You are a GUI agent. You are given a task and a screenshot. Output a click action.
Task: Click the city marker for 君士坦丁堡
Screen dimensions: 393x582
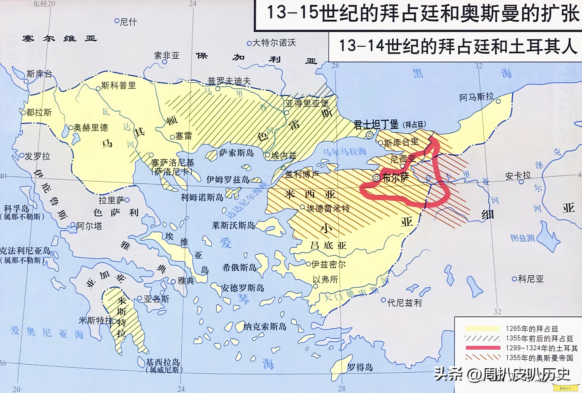[x=370, y=135]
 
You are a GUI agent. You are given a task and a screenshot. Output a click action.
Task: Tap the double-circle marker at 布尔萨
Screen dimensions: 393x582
[x=376, y=178]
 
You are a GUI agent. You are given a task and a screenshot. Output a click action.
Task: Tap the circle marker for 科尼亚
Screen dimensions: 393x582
[x=514, y=279]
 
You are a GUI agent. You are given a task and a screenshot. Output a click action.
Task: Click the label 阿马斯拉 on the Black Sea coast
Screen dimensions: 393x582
[x=476, y=97]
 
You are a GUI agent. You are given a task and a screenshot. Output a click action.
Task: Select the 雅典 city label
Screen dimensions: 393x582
[x=186, y=281]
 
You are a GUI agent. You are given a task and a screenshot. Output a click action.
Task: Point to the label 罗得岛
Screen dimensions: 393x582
[x=360, y=367]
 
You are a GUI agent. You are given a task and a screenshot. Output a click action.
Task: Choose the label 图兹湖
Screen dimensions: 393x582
[x=523, y=238]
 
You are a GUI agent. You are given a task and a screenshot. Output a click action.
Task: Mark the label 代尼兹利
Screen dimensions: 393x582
[x=404, y=303]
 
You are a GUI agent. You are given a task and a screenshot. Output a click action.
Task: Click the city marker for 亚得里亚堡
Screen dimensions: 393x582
[x=287, y=113]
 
